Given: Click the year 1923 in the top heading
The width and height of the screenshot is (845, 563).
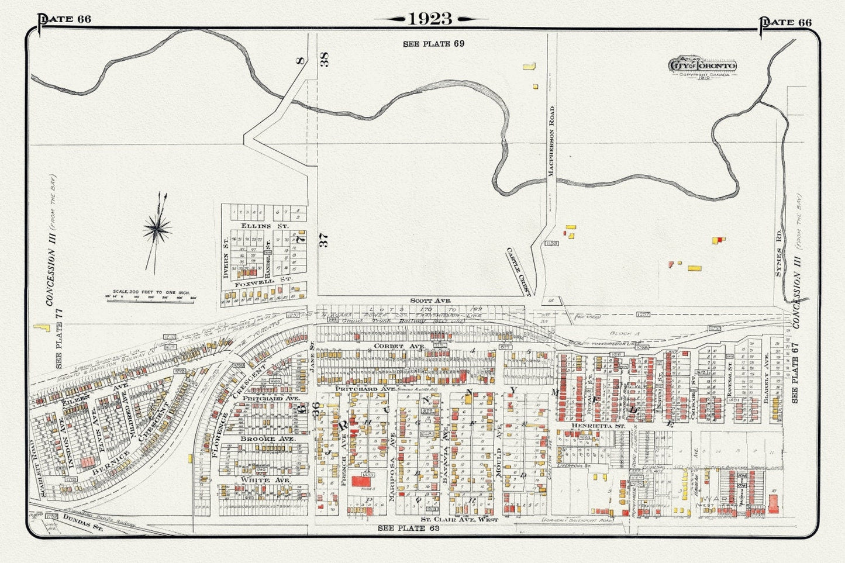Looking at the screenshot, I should click(430, 19).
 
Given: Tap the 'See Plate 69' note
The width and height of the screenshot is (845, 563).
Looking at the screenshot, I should click(433, 43).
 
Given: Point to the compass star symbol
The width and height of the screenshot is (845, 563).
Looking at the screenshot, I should click(158, 227).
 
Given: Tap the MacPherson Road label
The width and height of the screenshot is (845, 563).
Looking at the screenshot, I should click(550, 140).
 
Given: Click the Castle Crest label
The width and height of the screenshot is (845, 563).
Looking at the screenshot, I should click(519, 271).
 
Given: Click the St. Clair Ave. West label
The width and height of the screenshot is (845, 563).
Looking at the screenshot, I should click(460, 519).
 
